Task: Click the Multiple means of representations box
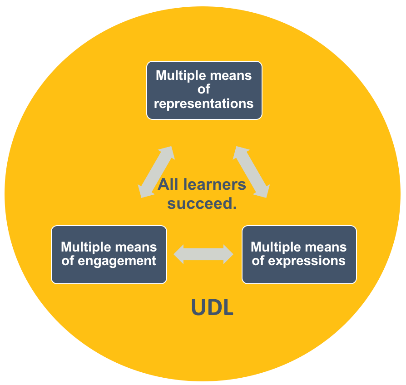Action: pos(204,90)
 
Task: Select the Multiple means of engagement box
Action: pos(109,255)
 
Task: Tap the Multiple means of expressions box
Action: pos(299,255)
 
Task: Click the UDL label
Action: pos(212,308)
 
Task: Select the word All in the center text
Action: pos(168,185)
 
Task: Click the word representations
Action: pos(204,104)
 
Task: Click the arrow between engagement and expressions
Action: pos(203,254)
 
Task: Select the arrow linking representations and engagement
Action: pos(156,172)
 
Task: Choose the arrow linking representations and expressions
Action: pos(251,172)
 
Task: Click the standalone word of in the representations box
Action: pos(204,89)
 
